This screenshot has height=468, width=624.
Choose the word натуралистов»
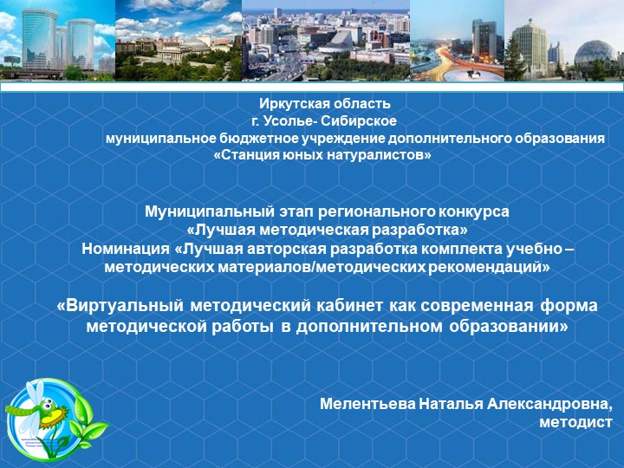(383, 155)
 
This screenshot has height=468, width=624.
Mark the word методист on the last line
(575, 422)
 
